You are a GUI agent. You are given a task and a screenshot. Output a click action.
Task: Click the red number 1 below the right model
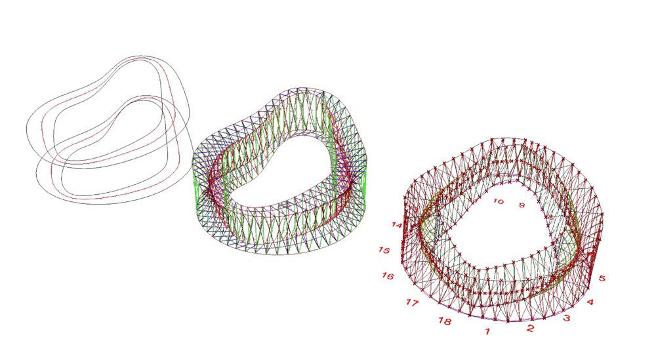tap(487, 332)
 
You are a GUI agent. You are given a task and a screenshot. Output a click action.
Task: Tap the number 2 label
tap(530, 329)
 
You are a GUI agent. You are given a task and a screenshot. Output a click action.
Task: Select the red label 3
tap(567, 318)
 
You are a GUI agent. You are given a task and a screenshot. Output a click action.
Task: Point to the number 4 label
tap(590, 302)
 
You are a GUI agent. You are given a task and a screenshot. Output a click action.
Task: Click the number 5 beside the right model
tap(602, 279)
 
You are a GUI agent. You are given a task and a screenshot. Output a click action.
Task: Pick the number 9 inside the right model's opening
tap(522, 205)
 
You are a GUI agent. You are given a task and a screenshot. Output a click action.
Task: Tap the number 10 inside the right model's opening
tap(498, 201)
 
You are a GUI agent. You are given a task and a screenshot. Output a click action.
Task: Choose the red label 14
tap(397, 225)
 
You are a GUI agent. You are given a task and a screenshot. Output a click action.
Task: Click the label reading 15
tap(384, 250)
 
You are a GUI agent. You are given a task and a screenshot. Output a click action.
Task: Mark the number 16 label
tap(388, 276)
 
